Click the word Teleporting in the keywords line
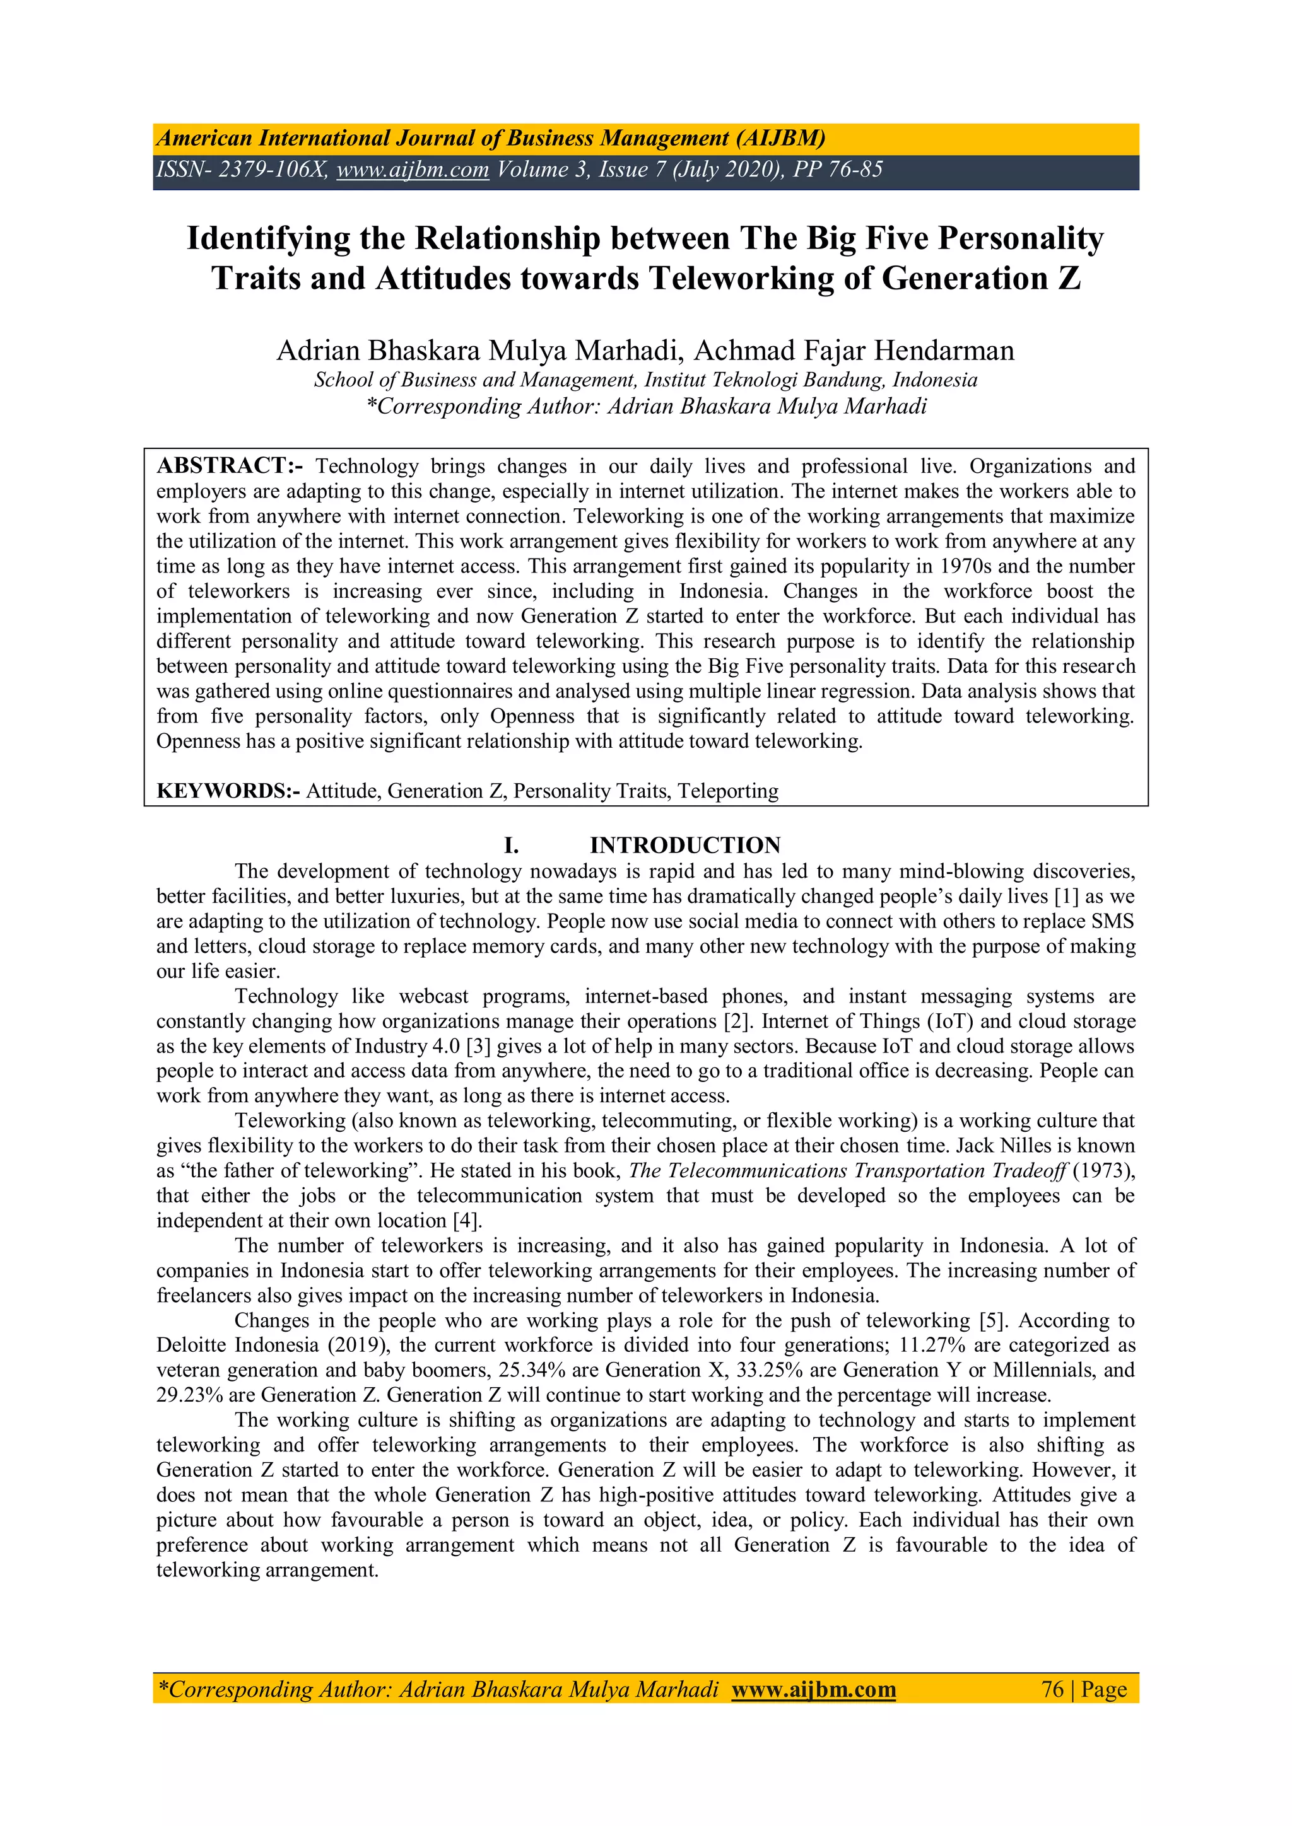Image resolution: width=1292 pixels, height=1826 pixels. (728, 791)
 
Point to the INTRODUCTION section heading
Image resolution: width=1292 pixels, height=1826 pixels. (685, 846)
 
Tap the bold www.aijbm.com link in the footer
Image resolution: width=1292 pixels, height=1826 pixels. (813, 1689)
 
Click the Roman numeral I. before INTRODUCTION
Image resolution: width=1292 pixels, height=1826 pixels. (511, 846)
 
